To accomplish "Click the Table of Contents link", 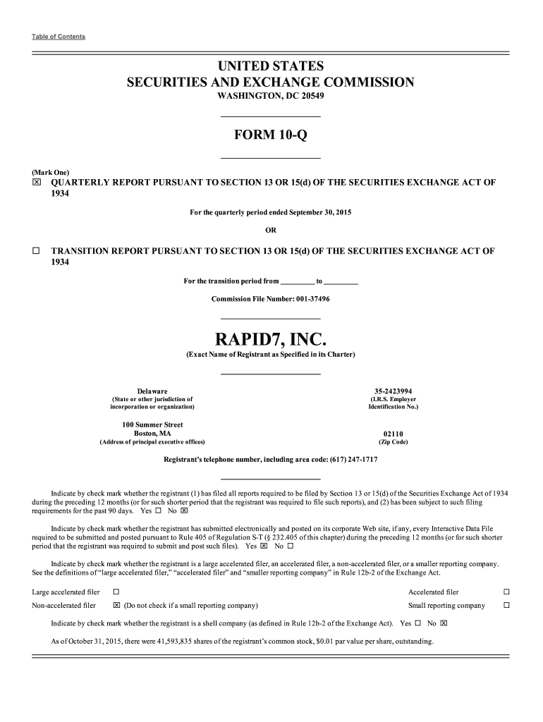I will [59, 37].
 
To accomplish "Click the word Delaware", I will [152, 391].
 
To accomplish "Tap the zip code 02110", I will [393, 434].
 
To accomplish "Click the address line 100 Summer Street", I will [152, 424].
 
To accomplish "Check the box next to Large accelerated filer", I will [116, 592].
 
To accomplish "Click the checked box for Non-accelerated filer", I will [116, 606].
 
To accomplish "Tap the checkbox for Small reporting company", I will [506, 606].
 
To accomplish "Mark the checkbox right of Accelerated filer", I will [506, 592].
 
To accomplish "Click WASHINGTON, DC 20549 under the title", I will [271, 96].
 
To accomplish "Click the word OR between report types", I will [271, 230].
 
